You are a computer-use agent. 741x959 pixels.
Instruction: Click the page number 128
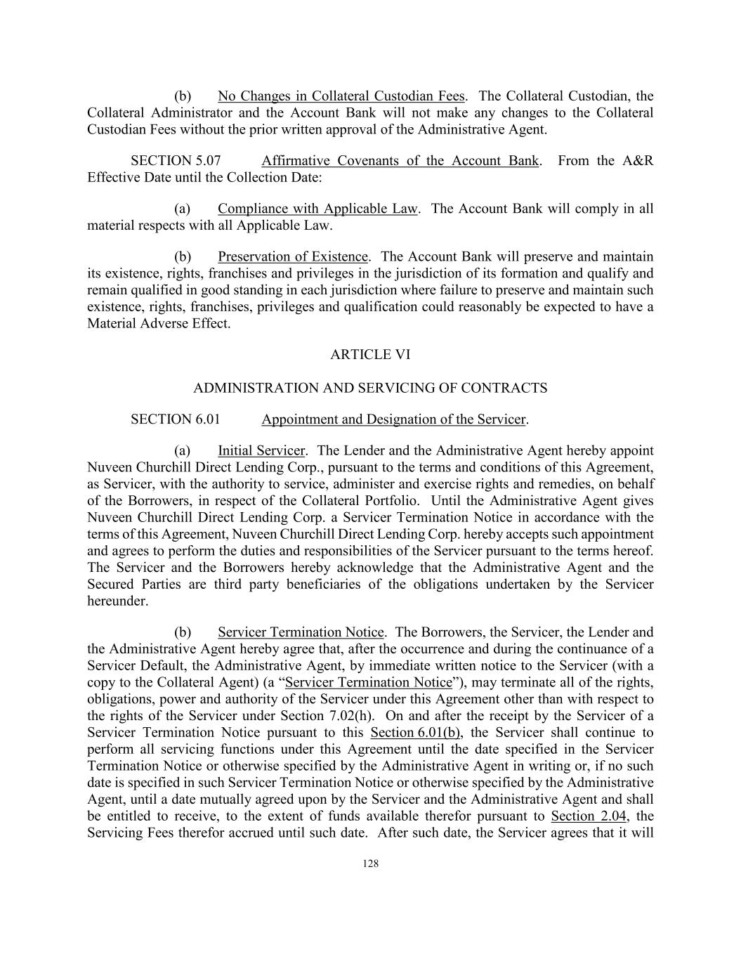(x=370, y=864)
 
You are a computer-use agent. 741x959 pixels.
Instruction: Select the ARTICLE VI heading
(x=370, y=355)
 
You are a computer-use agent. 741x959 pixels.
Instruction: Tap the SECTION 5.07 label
(x=176, y=161)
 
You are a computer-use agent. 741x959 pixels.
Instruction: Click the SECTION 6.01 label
(x=176, y=419)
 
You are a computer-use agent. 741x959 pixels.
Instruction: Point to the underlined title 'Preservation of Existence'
(x=292, y=256)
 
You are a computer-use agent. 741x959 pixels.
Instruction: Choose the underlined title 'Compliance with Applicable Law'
(x=317, y=209)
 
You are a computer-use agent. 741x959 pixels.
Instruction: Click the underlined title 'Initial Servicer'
(x=261, y=450)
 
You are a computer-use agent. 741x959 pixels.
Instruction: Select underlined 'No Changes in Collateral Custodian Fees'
(x=341, y=96)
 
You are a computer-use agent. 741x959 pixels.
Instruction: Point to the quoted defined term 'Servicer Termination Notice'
(x=369, y=682)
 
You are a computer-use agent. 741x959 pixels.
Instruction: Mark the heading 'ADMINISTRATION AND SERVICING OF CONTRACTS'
(x=370, y=388)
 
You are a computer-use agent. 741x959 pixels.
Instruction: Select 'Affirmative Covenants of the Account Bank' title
(x=400, y=161)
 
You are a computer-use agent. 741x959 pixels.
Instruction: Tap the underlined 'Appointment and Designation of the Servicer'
(x=393, y=419)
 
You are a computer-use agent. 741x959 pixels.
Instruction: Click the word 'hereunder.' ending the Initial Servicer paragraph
(x=118, y=601)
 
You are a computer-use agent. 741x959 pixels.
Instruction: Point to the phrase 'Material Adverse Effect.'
(x=159, y=324)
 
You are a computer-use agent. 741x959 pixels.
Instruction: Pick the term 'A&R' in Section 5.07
(x=638, y=161)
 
